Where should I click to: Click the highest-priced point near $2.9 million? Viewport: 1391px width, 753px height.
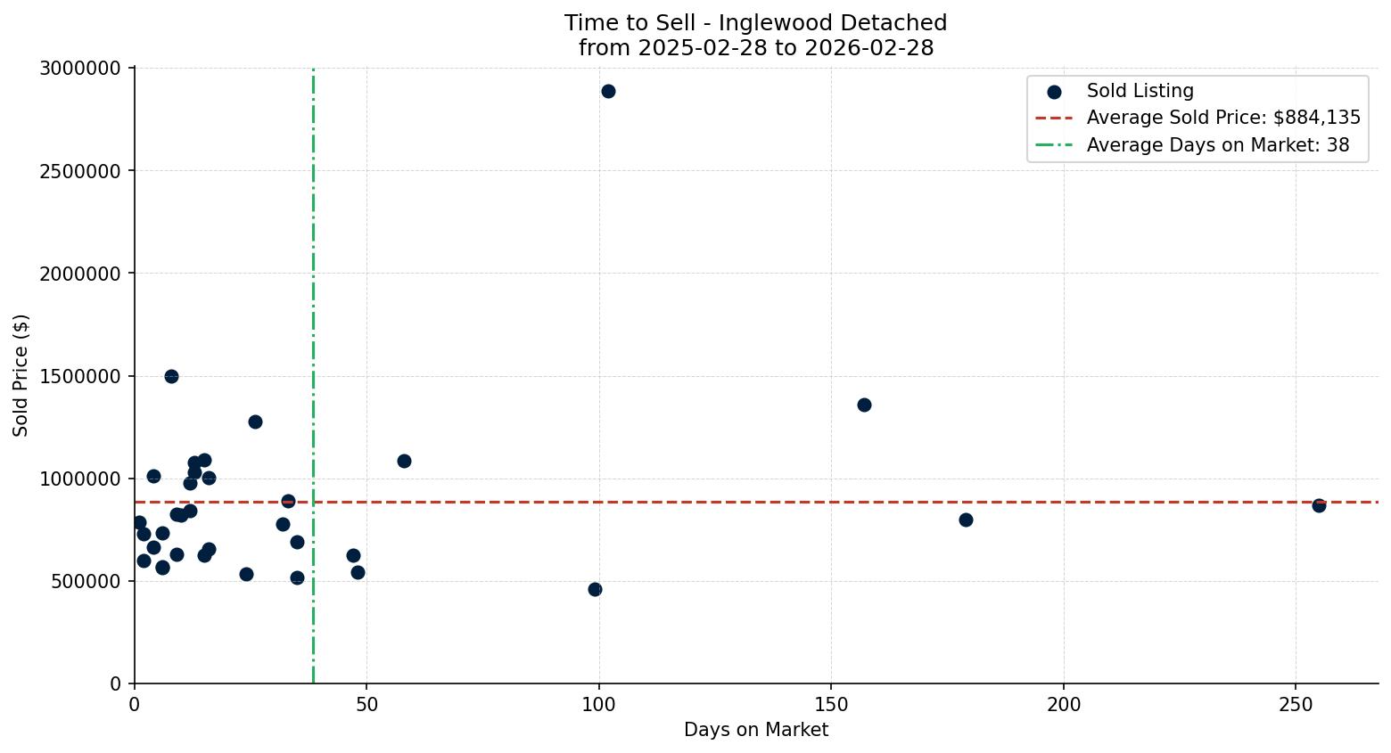(608, 91)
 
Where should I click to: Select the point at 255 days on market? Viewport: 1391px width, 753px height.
(1319, 505)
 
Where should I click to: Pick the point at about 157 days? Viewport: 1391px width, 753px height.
(864, 405)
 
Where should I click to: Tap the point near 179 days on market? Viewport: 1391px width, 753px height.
(966, 520)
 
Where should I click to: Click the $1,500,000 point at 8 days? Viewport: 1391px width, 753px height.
(171, 376)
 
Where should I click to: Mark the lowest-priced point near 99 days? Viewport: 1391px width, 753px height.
(595, 589)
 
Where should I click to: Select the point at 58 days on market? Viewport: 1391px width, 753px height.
(404, 461)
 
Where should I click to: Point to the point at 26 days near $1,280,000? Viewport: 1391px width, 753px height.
(255, 422)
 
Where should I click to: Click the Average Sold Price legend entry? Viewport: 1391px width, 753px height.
(1222, 119)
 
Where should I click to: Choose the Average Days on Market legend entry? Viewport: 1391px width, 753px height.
(1217, 145)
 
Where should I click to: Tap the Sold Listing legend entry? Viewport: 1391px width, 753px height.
(1140, 91)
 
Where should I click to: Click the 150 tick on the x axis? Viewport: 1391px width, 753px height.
(831, 705)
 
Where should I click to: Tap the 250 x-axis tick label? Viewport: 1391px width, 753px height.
(1296, 705)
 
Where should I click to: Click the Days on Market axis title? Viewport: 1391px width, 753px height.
(756, 731)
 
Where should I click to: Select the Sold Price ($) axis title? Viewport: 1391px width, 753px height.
(21, 375)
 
